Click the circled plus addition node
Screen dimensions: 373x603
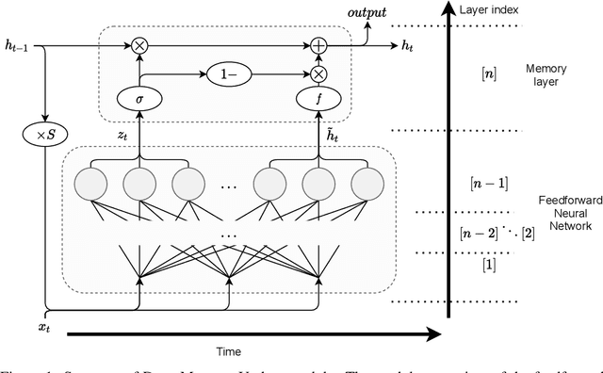click(x=318, y=43)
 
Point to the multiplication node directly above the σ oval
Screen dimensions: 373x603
click(x=140, y=43)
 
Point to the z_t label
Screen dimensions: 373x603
click(x=122, y=135)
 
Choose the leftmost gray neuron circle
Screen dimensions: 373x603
click(x=93, y=182)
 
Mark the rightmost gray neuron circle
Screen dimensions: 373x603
click(x=363, y=182)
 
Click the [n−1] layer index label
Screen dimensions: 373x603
click(x=488, y=183)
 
